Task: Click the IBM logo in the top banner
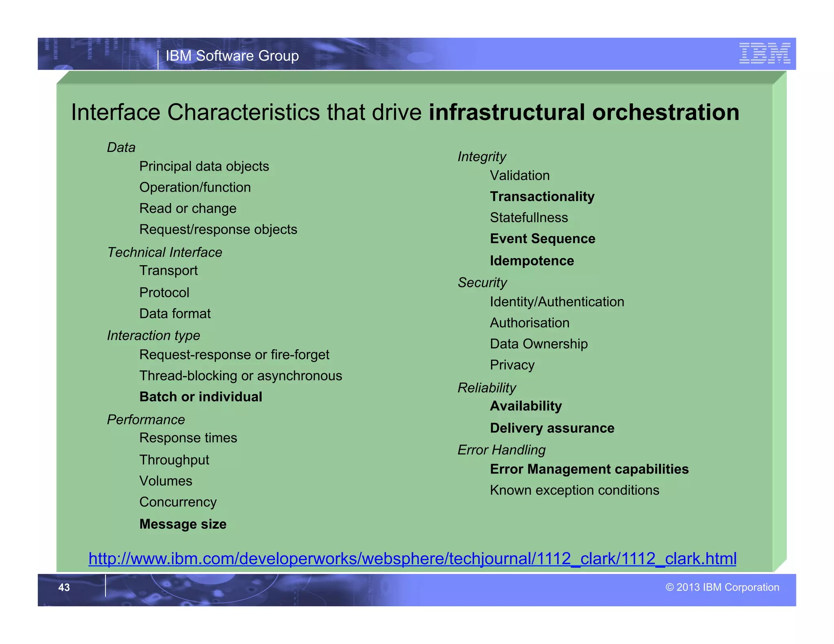tap(764, 53)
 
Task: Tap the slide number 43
tap(64, 587)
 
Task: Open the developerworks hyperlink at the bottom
tap(412, 559)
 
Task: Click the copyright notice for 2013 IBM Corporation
tap(722, 587)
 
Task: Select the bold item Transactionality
tap(542, 197)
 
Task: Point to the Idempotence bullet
tap(532, 261)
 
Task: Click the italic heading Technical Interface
tap(165, 252)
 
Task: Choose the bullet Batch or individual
tap(201, 397)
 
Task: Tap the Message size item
tap(183, 524)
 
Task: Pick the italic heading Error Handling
tap(501, 450)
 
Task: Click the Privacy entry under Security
tap(512, 365)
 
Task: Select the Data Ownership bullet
tap(539, 344)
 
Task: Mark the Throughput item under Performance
tap(174, 460)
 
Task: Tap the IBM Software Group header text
tap(232, 56)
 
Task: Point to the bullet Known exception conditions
tap(574, 490)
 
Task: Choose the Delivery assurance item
tap(552, 428)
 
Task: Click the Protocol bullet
tap(164, 293)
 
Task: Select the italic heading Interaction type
tap(154, 335)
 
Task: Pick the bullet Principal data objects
tap(204, 166)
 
